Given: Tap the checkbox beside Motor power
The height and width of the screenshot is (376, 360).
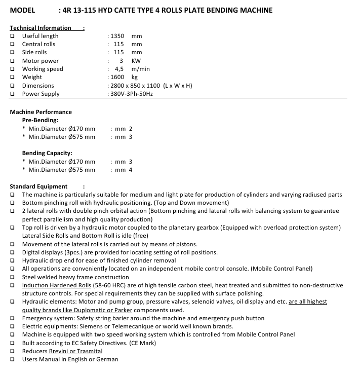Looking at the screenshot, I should (12, 61).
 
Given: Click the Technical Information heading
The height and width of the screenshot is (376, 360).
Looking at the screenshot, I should (41, 28).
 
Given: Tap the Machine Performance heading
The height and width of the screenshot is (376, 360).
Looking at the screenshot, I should (41, 112).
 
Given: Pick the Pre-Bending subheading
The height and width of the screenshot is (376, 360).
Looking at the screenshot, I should (40, 120).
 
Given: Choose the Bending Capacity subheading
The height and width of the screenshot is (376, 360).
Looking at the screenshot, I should (47, 153).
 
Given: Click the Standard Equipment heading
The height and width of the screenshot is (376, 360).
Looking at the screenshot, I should (38, 186).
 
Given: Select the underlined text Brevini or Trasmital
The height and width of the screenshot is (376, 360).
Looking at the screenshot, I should (75, 351).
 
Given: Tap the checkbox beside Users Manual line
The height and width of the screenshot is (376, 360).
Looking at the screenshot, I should (12, 359).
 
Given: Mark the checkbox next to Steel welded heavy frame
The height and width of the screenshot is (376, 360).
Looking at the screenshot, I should (12, 277).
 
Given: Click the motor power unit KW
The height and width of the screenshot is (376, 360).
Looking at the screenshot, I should (136, 61).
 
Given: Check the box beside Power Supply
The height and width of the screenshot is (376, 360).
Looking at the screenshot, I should (12, 94).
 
